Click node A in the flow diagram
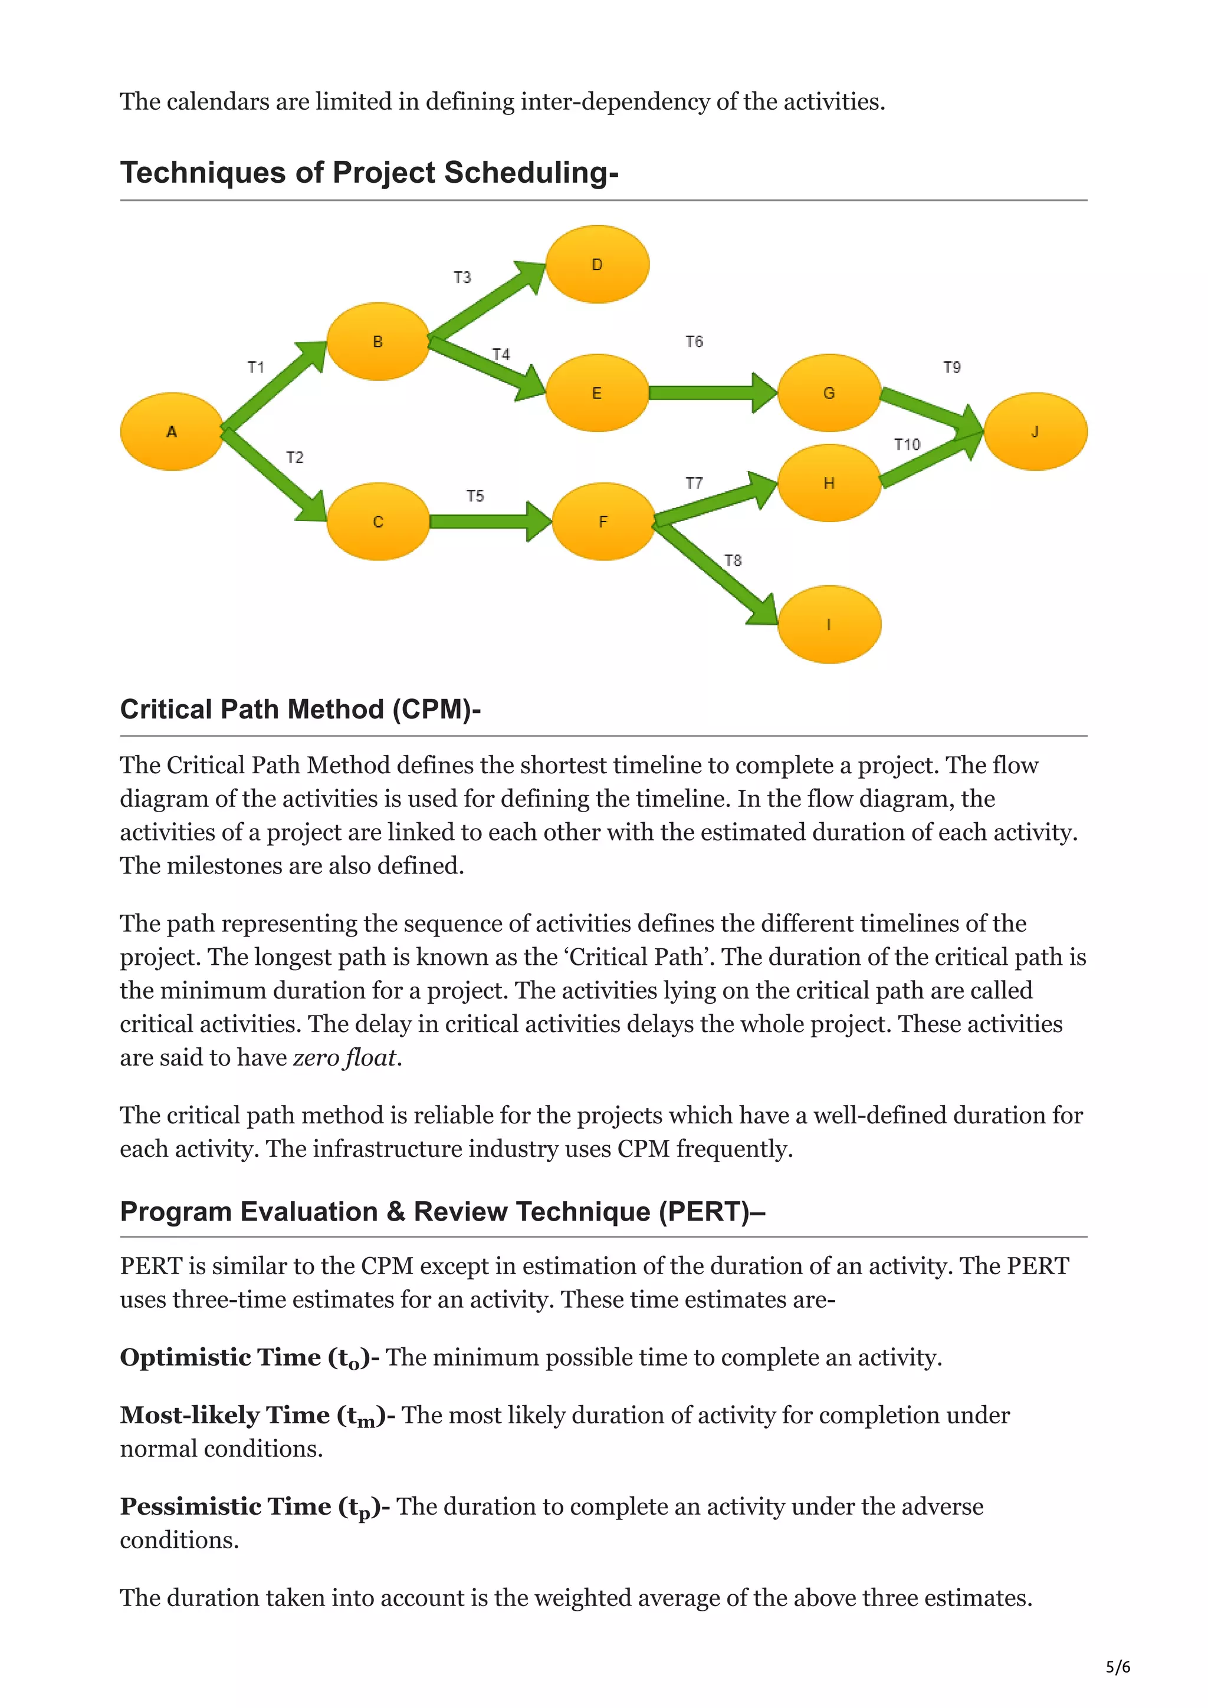coord(172,431)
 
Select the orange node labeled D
coord(597,264)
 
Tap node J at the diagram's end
coord(1035,431)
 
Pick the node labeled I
coord(829,624)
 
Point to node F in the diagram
coord(603,522)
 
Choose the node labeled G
coord(829,393)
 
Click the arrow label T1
coord(256,367)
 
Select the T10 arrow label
coord(907,444)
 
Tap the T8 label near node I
coord(733,560)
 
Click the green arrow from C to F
coord(488,522)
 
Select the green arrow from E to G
coord(711,393)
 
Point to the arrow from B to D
coord(488,302)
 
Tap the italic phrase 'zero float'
coord(346,1057)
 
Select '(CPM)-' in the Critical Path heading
coord(437,709)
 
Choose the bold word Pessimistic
coord(189,1506)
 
